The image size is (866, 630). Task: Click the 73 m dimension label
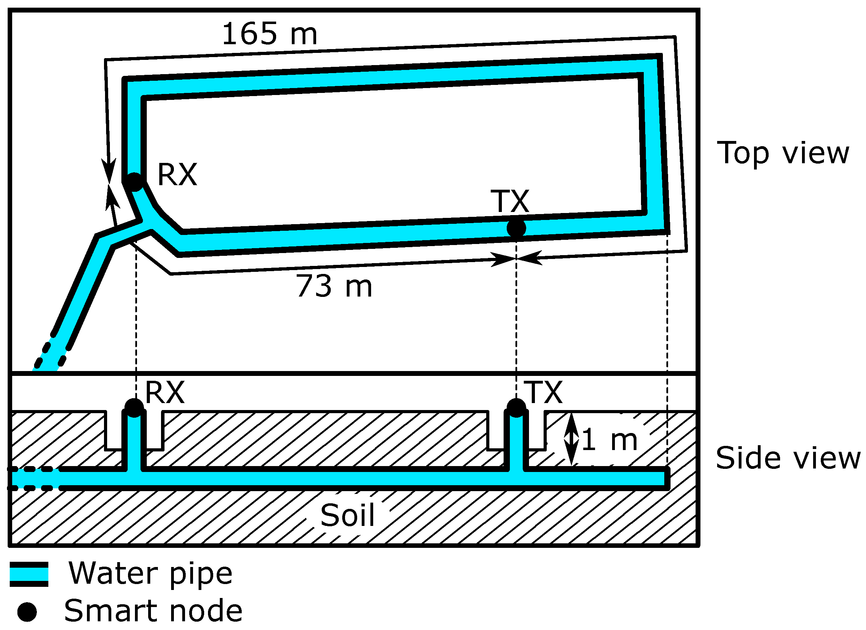tap(334, 286)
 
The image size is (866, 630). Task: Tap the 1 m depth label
tap(609, 440)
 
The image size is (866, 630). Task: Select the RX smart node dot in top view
tap(134, 181)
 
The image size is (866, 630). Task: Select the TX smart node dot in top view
tap(516, 228)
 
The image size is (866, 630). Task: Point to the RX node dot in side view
tap(134, 408)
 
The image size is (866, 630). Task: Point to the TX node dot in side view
tap(516, 408)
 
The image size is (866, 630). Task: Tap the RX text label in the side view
tap(165, 392)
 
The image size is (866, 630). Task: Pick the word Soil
tap(347, 515)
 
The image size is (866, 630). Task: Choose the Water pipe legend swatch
tap(29, 574)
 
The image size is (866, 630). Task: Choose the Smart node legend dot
tap(27, 612)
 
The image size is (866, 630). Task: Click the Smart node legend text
tap(153, 611)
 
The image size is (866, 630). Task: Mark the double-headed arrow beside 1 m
tap(571, 440)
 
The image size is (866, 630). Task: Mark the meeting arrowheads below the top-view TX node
tap(516, 259)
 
